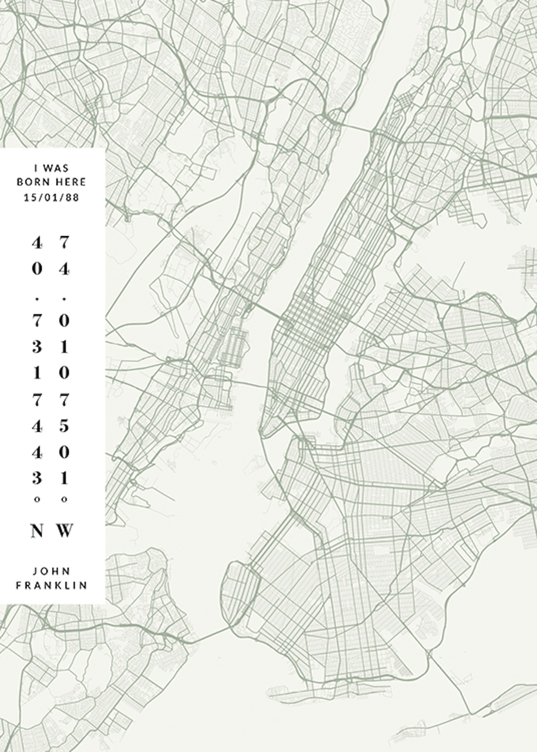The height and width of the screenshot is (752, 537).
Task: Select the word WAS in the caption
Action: [56, 168]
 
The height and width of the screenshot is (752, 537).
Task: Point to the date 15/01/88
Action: [51, 198]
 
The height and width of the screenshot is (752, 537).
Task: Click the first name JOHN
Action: [51, 571]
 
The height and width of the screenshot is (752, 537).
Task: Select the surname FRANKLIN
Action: [51, 585]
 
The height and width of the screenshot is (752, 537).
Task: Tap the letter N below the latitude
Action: [37, 531]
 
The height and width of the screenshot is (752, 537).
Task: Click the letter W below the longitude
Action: [65, 531]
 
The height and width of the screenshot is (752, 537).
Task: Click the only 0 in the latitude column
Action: [37, 270]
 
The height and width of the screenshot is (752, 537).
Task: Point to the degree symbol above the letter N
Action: [37, 500]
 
